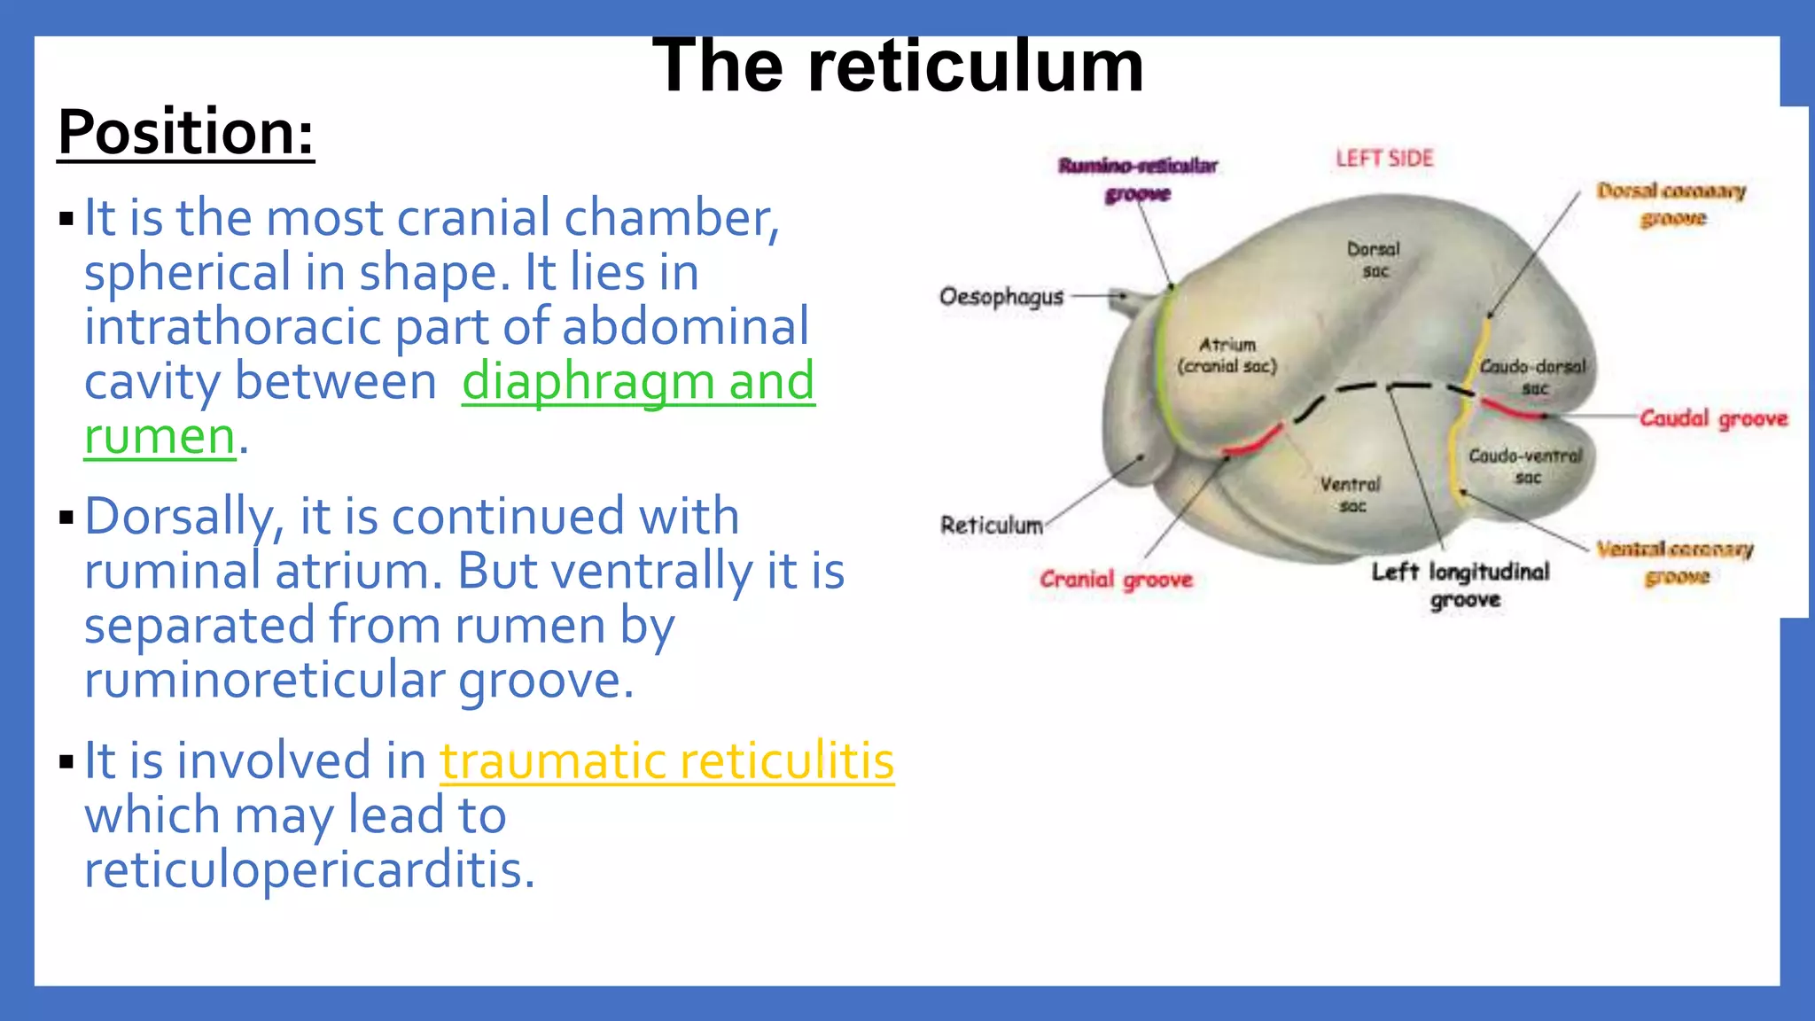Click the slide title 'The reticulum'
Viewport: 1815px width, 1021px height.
[897, 66]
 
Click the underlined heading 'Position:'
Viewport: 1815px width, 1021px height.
[186, 133]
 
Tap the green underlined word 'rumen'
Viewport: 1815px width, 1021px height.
[160, 437]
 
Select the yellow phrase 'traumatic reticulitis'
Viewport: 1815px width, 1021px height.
[666, 761]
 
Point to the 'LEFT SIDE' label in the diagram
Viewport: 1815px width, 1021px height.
[1383, 159]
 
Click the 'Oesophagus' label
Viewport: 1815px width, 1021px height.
[1001, 296]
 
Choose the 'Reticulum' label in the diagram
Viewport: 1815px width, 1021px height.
[991, 526]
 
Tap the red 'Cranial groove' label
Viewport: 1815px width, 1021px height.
[1116, 581]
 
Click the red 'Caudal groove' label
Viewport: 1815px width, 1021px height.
[1712, 418]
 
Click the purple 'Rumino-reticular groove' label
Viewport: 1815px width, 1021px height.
[1138, 179]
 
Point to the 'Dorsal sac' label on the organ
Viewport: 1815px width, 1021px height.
[1374, 260]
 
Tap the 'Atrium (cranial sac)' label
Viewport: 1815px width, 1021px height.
[1227, 355]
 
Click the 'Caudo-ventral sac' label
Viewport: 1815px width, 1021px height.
[1525, 466]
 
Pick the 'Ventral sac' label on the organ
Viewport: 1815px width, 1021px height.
[1351, 495]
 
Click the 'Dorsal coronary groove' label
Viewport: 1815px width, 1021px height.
[1671, 204]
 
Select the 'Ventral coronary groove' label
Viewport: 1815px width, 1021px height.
[1675, 563]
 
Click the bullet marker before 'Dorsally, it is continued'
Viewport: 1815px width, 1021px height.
[66, 517]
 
